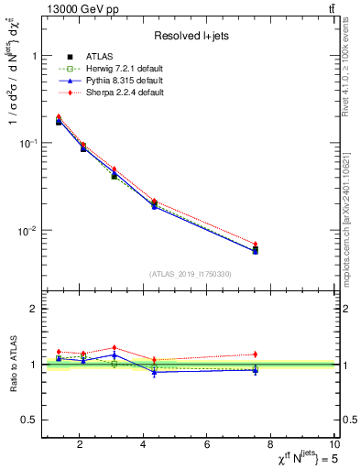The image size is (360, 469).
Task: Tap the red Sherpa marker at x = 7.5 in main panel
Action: point(256,244)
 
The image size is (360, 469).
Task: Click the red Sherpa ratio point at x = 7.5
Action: point(256,354)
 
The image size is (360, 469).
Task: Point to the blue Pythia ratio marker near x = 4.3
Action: point(155,372)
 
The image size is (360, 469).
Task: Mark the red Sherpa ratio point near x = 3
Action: point(114,348)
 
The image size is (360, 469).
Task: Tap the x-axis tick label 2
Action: point(80,445)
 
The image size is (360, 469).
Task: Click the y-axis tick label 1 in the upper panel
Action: point(33,56)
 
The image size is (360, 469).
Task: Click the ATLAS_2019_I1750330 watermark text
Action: point(190,274)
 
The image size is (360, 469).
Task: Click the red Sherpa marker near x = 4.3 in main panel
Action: point(155,202)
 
